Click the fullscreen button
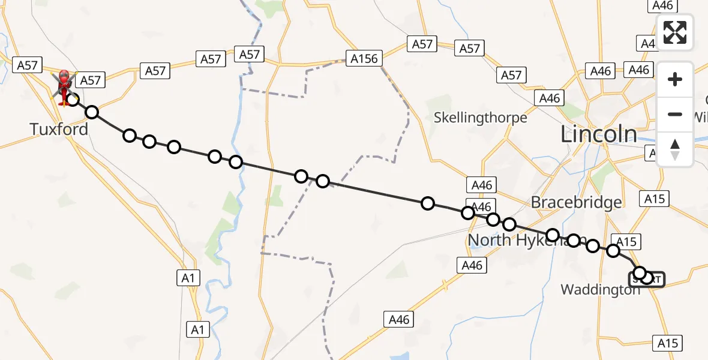675,32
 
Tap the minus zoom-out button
675,114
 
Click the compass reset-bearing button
675,149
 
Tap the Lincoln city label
598,134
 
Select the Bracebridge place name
576,202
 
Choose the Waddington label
600,290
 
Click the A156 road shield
364,59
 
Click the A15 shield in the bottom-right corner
667,343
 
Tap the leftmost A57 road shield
28,65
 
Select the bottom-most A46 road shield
399,320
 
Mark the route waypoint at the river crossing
235,162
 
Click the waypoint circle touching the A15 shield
613,251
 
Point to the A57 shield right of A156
422,43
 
